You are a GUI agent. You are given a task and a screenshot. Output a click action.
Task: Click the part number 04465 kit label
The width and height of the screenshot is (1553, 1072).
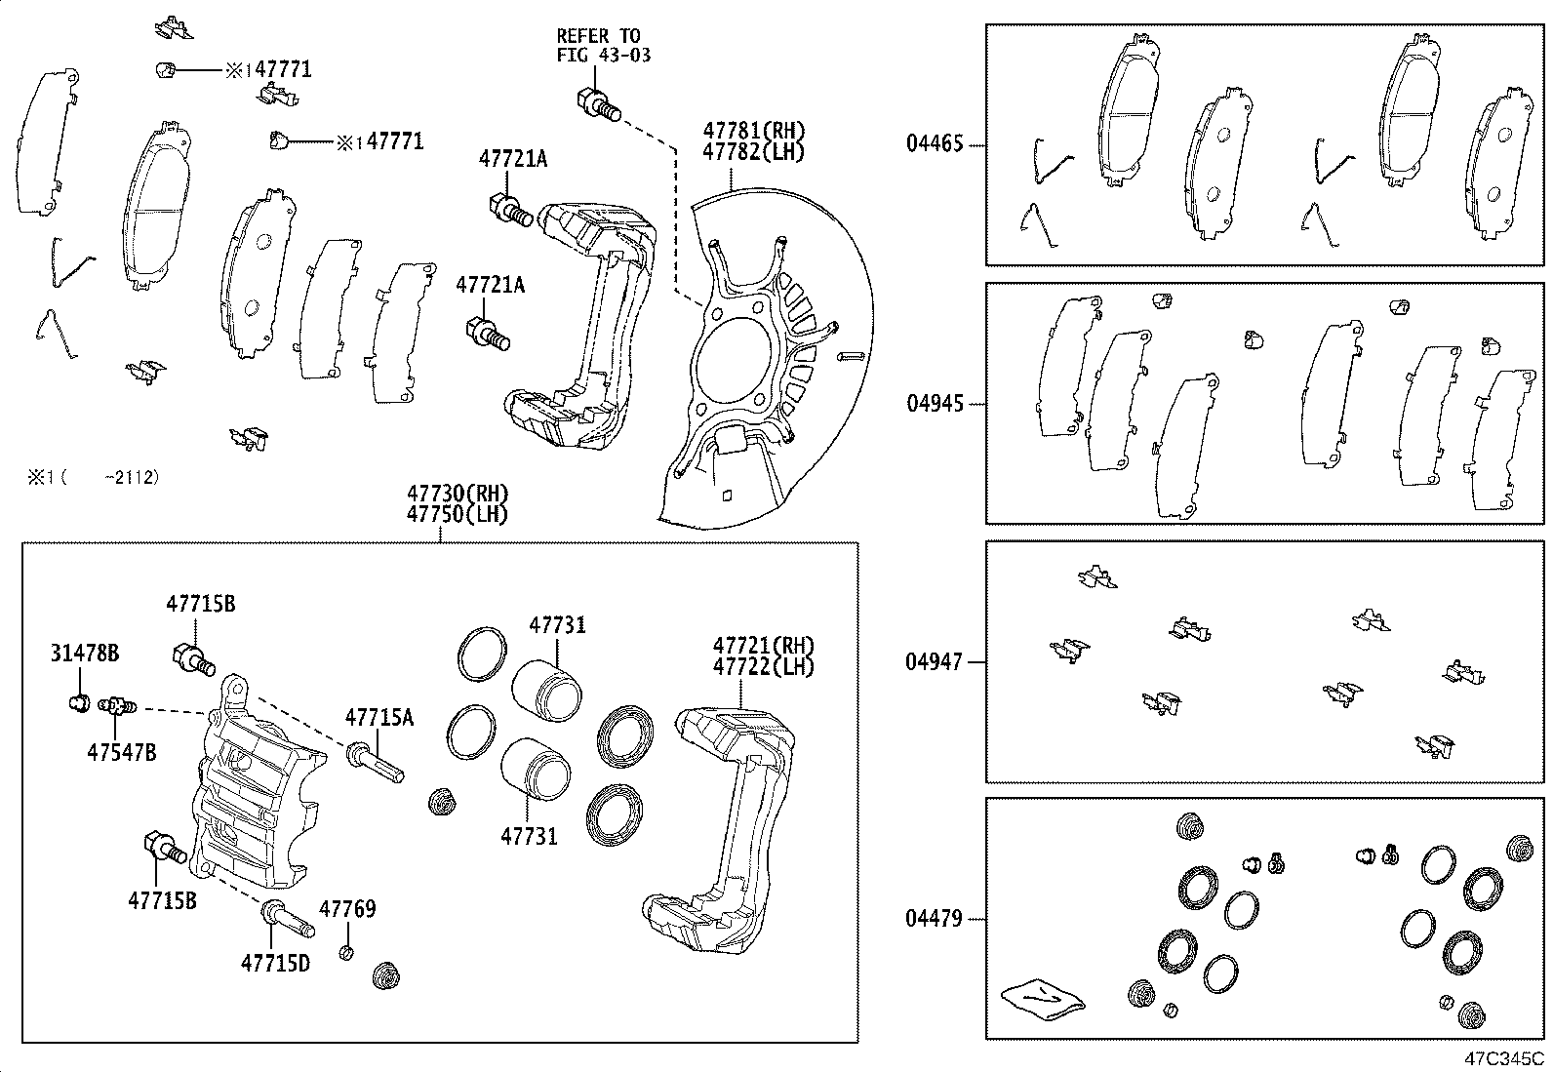pos(934,144)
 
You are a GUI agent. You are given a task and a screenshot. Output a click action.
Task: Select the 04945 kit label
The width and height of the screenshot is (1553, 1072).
pos(934,404)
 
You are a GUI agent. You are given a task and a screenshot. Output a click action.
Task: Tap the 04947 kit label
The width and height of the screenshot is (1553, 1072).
pos(934,662)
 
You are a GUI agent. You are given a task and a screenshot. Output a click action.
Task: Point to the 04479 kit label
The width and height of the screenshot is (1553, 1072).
pos(934,919)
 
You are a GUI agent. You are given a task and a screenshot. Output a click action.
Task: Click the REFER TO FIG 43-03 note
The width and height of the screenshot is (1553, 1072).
pos(603,46)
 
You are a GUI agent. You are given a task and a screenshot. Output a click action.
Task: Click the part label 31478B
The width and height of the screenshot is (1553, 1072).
pos(85,654)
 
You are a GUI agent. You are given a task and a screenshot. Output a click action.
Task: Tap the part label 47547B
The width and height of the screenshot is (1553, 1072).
pos(121,752)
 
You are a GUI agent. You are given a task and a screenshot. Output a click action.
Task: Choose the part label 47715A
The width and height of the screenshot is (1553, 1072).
pos(378,718)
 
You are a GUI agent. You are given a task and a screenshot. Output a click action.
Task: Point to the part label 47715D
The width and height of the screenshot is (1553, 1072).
pos(275,963)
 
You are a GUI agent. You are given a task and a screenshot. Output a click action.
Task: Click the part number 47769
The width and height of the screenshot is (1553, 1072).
pos(347,909)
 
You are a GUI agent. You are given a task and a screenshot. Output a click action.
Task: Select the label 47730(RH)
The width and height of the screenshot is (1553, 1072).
pos(458,494)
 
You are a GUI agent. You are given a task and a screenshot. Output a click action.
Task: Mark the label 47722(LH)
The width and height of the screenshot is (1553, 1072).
pos(763,666)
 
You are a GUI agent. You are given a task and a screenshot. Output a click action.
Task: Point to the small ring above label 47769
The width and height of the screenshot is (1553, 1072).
pos(346,952)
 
